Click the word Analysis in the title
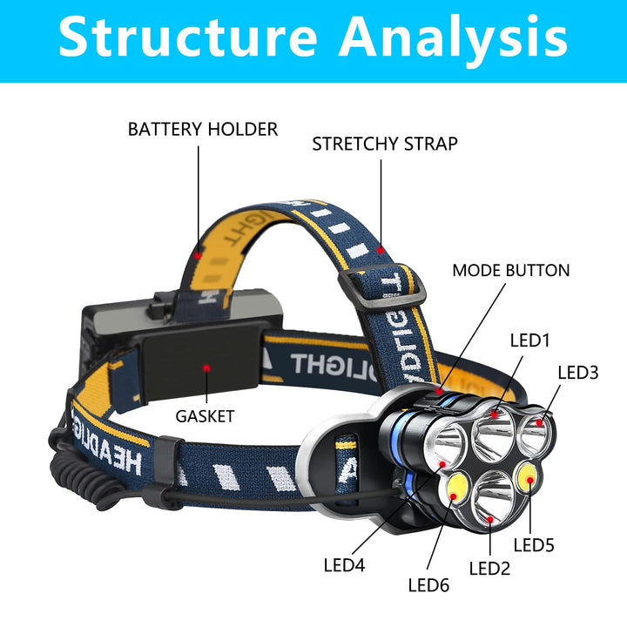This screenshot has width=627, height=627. pyautogui.click(x=453, y=37)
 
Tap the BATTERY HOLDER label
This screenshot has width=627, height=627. pyautogui.click(x=203, y=129)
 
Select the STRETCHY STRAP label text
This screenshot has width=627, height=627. pyautogui.click(x=384, y=144)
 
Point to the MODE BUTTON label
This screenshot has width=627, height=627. pyautogui.click(x=510, y=271)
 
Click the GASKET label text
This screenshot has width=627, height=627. pyautogui.click(x=205, y=416)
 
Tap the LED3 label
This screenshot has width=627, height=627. pyautogui.click(x=578, y=373)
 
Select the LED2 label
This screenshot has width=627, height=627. pyautogui.click(x=490, y=569)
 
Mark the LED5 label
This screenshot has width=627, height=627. pyautogui.click(x=534, y=546)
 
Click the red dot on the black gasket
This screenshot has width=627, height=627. pyautogui.click(x=206, y=368)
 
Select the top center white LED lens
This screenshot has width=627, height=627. pyautogui.click(x=492, y=430)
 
